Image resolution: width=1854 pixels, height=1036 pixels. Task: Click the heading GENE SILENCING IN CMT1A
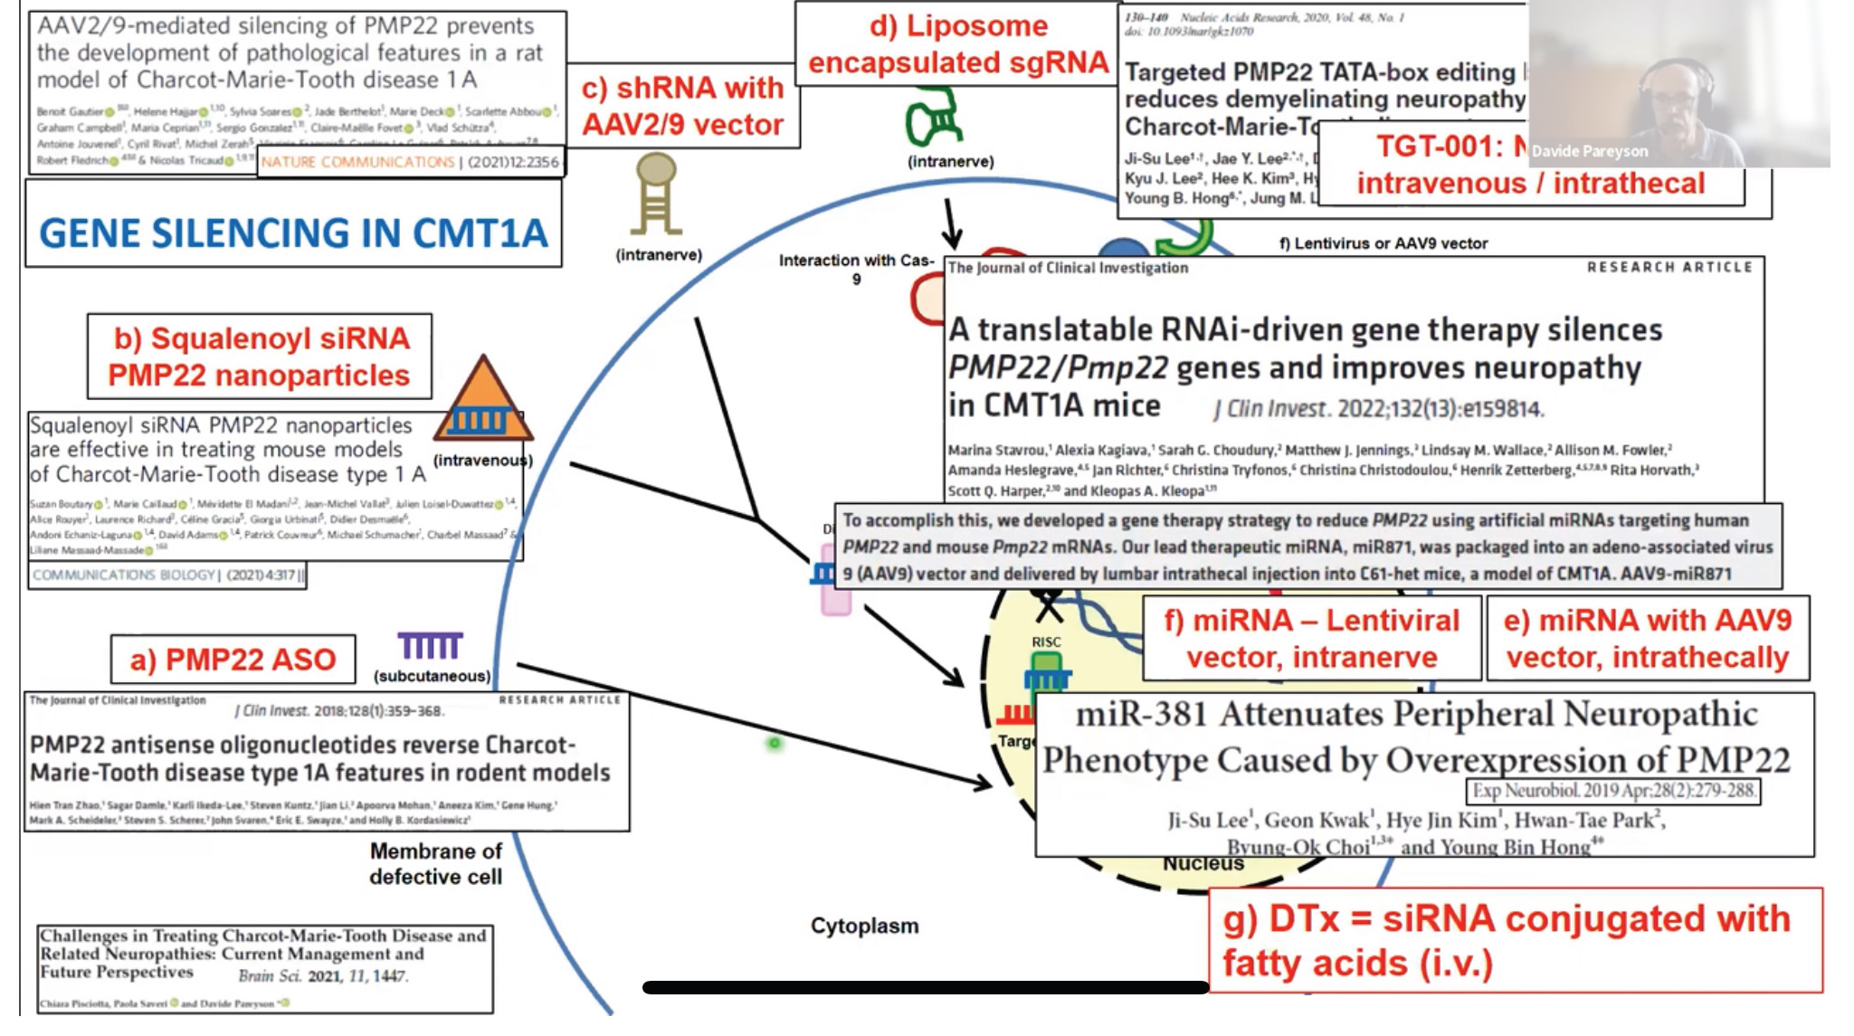click(293, 233)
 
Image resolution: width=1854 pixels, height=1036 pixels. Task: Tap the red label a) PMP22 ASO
click(233, 660)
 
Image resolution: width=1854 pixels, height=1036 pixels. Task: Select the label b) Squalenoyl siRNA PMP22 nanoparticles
click(259, 356)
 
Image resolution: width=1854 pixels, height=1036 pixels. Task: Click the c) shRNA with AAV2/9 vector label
click(682, 106)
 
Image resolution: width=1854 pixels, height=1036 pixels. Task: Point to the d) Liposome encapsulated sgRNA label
click(957, 43)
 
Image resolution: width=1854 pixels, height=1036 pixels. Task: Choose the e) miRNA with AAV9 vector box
click(1647, 638)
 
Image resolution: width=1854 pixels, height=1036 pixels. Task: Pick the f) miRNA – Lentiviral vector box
click(1311, 638)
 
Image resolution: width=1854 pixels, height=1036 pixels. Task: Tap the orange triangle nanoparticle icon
click(483, 401)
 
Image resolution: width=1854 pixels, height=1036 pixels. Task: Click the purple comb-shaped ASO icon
click(430, 645)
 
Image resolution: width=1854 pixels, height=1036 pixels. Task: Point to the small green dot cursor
click(775, 743)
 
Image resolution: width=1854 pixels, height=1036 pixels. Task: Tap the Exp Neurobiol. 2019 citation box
click(1612, 790)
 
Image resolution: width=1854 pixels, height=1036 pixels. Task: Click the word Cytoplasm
click(864, 926)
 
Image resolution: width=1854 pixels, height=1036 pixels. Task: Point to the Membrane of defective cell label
click(435, 863)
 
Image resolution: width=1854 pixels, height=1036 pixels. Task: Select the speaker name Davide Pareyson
click(1589, 151)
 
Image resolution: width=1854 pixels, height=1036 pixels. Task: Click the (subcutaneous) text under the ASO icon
click(432, 676)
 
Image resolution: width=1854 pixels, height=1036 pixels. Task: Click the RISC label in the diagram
click(1046, 642)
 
